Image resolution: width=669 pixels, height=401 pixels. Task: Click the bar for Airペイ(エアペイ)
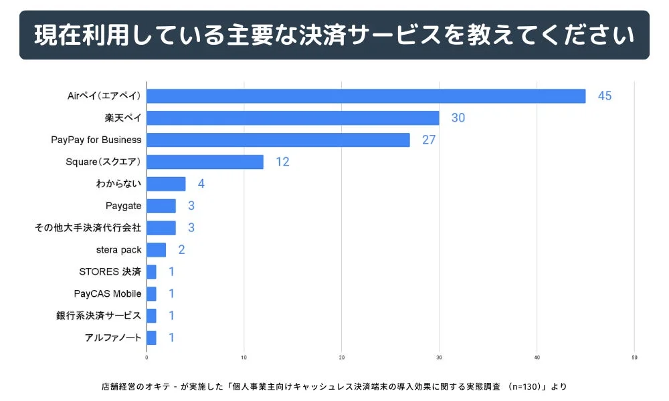coord(366,96)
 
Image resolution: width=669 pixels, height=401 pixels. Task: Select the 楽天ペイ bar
coord(293,118)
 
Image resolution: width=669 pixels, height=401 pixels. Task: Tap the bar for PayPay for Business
coord(278,140)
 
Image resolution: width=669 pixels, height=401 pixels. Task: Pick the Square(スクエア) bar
coord(205,162)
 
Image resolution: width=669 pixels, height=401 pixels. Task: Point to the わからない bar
coord(166,184)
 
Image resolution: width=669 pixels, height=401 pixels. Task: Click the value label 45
coord(605,96)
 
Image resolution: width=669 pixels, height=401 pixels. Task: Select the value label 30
coord(458,118)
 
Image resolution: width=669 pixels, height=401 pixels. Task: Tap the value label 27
coord(429,140)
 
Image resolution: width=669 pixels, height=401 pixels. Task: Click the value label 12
coord(282,162)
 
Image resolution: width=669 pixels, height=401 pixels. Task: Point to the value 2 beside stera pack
coord(181,250)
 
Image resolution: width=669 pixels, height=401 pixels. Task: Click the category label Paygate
coord(123,206)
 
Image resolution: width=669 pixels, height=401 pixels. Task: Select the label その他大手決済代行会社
coord(88,228)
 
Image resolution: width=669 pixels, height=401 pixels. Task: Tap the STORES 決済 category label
coord(110,271)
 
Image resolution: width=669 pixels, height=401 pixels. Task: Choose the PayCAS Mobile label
coord(108,293)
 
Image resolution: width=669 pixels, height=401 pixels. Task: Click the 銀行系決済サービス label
coord(99,315)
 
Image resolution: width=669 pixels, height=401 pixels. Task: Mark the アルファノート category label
coord(113,338)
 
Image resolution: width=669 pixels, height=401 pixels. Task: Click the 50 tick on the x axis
coord(634,357)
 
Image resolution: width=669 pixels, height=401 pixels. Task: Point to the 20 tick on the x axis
coord(342,357)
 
